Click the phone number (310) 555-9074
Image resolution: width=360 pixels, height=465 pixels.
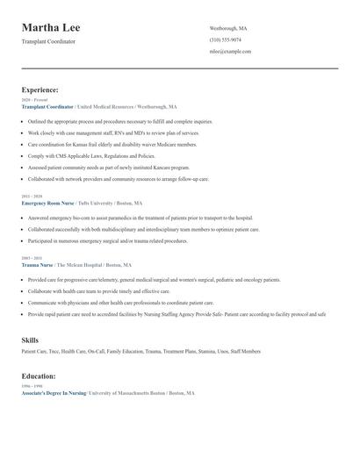click(226, 40)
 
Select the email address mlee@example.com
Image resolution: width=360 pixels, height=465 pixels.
click(230, 52)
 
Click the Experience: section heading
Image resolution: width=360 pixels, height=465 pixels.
click(40, 89)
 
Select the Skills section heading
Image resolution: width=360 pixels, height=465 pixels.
click(30, 338)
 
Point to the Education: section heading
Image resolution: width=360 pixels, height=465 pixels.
click(40, 376)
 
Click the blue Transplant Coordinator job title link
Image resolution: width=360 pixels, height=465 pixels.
click(47, 106)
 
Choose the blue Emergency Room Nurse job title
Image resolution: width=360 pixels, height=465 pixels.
click(47, 203)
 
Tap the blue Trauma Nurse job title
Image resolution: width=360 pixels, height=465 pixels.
click(36, 264)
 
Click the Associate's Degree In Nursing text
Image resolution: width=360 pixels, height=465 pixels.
click(54, 394)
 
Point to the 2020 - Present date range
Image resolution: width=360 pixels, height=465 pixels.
click(31, 100)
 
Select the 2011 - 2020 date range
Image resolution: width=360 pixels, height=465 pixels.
click(30, 197)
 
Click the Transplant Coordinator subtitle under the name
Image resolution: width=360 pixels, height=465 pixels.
click(48, 41)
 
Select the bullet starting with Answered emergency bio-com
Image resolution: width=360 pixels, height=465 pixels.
click(140, 217)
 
